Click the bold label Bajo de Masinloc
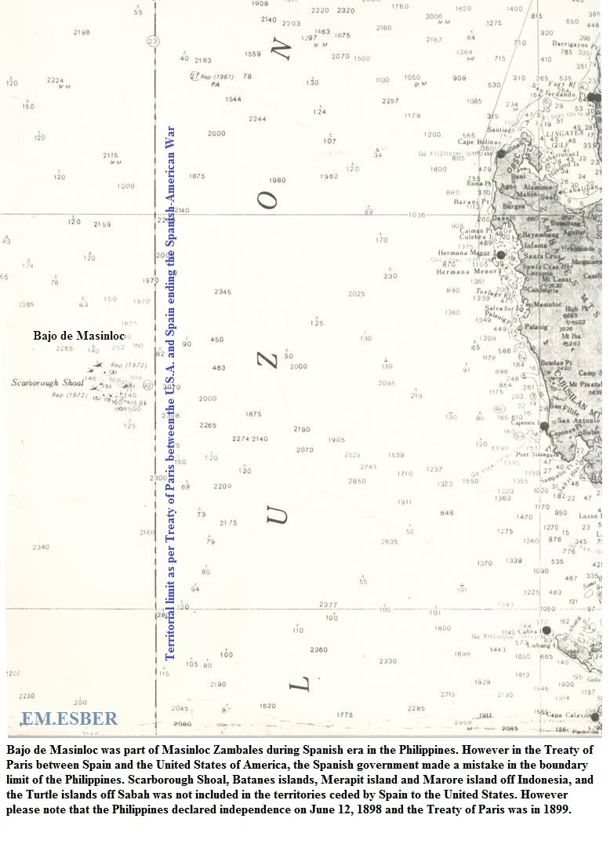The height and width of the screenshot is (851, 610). (x=78, y=335)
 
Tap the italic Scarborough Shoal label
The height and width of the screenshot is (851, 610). (x=47, y=383)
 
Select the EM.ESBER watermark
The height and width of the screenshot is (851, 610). (x=69, y=718)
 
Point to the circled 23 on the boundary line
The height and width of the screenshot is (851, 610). (x=153, y=41)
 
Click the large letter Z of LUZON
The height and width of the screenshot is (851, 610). (x=269, y=360)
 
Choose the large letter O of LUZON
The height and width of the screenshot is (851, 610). (x=270, y=200)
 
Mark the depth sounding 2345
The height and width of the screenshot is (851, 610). (x=223, y=292)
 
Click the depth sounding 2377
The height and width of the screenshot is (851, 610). (x=329, y=605)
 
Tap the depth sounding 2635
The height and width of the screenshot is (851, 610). (x=389, y=541)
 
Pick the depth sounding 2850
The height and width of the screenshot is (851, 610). (x=357, y=481)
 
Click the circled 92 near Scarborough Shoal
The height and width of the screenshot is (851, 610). (x=146, y=385)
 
